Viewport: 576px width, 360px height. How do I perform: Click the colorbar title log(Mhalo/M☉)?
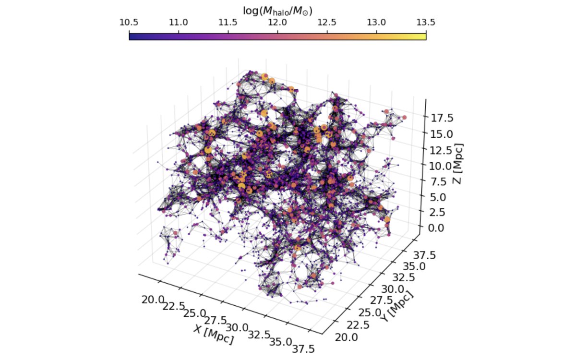click(278, 11)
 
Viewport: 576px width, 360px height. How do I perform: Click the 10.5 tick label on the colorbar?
click(129, 23)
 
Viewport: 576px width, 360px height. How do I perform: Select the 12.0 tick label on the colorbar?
click(277, 23)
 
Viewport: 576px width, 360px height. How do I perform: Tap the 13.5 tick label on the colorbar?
click(426, 23)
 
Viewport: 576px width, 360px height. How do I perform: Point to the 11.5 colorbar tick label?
click(228, 23)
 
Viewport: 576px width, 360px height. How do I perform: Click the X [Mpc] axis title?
click(214, 335)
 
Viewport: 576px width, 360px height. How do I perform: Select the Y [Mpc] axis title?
click(397, 307)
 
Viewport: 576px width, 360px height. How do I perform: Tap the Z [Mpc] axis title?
click(457, 164)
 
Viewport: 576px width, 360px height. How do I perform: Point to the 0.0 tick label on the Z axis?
click(436, 228)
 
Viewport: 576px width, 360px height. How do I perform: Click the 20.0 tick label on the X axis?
click(153, 300)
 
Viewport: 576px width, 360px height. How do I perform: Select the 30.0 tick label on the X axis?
click(237, 328)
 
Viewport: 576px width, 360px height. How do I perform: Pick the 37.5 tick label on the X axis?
click(303, 349)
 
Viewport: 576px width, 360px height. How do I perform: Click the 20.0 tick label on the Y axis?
click(347, 337)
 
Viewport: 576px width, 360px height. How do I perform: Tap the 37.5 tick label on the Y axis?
click(424, 255)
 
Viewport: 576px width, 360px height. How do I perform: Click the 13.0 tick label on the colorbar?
click(376, 23)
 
